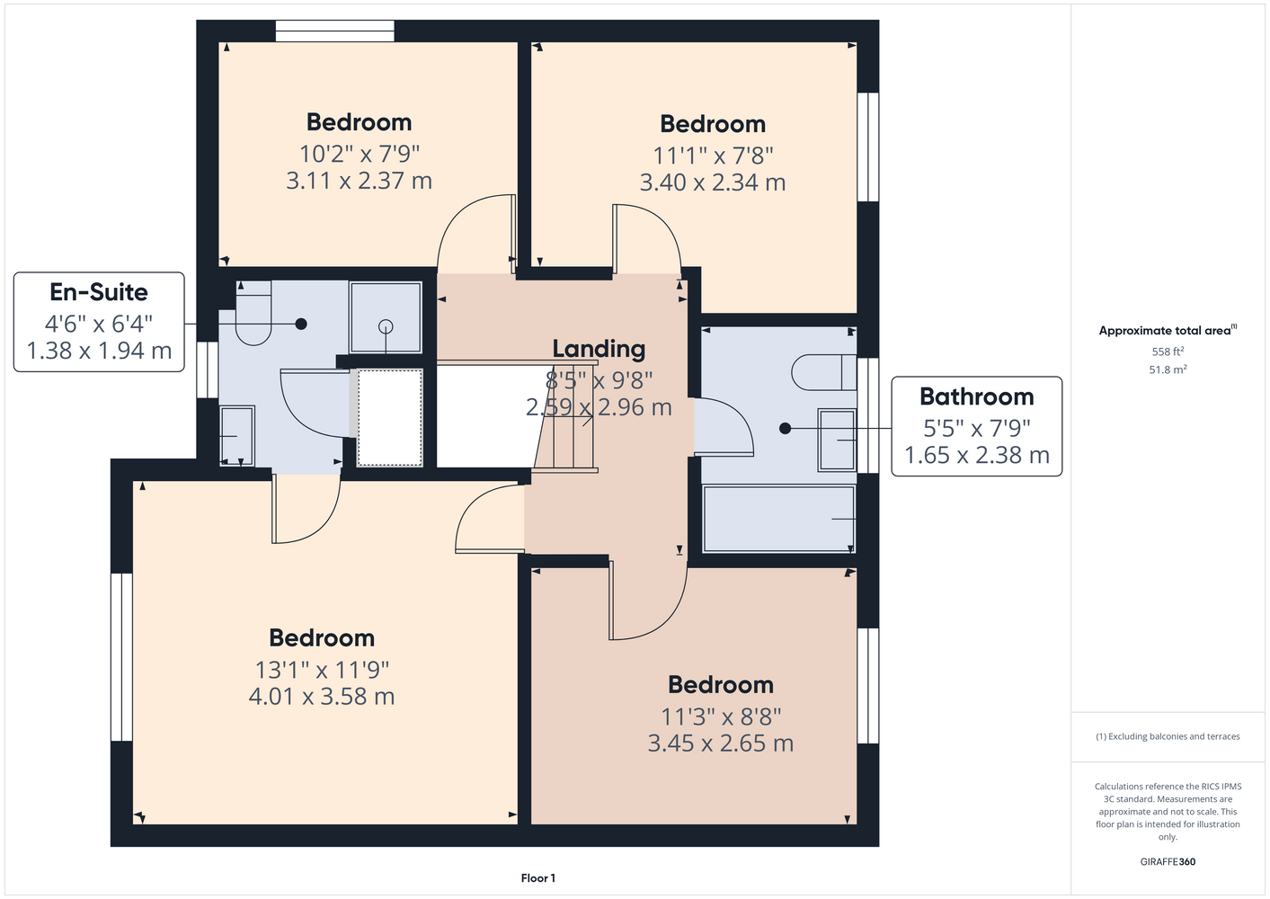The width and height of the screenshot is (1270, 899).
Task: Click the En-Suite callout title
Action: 99,292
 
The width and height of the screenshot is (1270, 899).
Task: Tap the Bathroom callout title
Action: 976,396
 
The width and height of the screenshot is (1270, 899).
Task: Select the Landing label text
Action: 599,349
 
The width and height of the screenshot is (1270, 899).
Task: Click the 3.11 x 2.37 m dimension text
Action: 359,181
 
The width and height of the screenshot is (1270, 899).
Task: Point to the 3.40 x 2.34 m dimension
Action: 713,182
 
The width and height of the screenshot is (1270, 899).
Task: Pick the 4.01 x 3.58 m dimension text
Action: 322,697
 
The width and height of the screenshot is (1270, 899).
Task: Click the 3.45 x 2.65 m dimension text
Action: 721,743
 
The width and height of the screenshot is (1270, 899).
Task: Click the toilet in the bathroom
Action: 824,372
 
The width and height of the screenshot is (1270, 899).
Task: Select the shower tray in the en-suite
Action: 386,317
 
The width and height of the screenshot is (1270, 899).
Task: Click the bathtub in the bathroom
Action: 778,519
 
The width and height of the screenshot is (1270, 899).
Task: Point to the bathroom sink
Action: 836,441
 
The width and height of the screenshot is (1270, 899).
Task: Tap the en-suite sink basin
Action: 237,436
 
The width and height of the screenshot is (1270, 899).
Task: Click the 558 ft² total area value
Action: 1168,352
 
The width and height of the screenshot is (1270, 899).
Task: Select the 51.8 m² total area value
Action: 1168,369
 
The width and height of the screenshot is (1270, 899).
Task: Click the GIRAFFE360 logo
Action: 1168,861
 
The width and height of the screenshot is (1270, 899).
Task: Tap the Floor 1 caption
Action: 538,878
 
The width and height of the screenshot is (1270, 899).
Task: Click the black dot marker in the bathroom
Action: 785,429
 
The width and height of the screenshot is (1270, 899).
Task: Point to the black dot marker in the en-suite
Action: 301,324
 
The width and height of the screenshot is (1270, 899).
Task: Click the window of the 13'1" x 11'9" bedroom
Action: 121,657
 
